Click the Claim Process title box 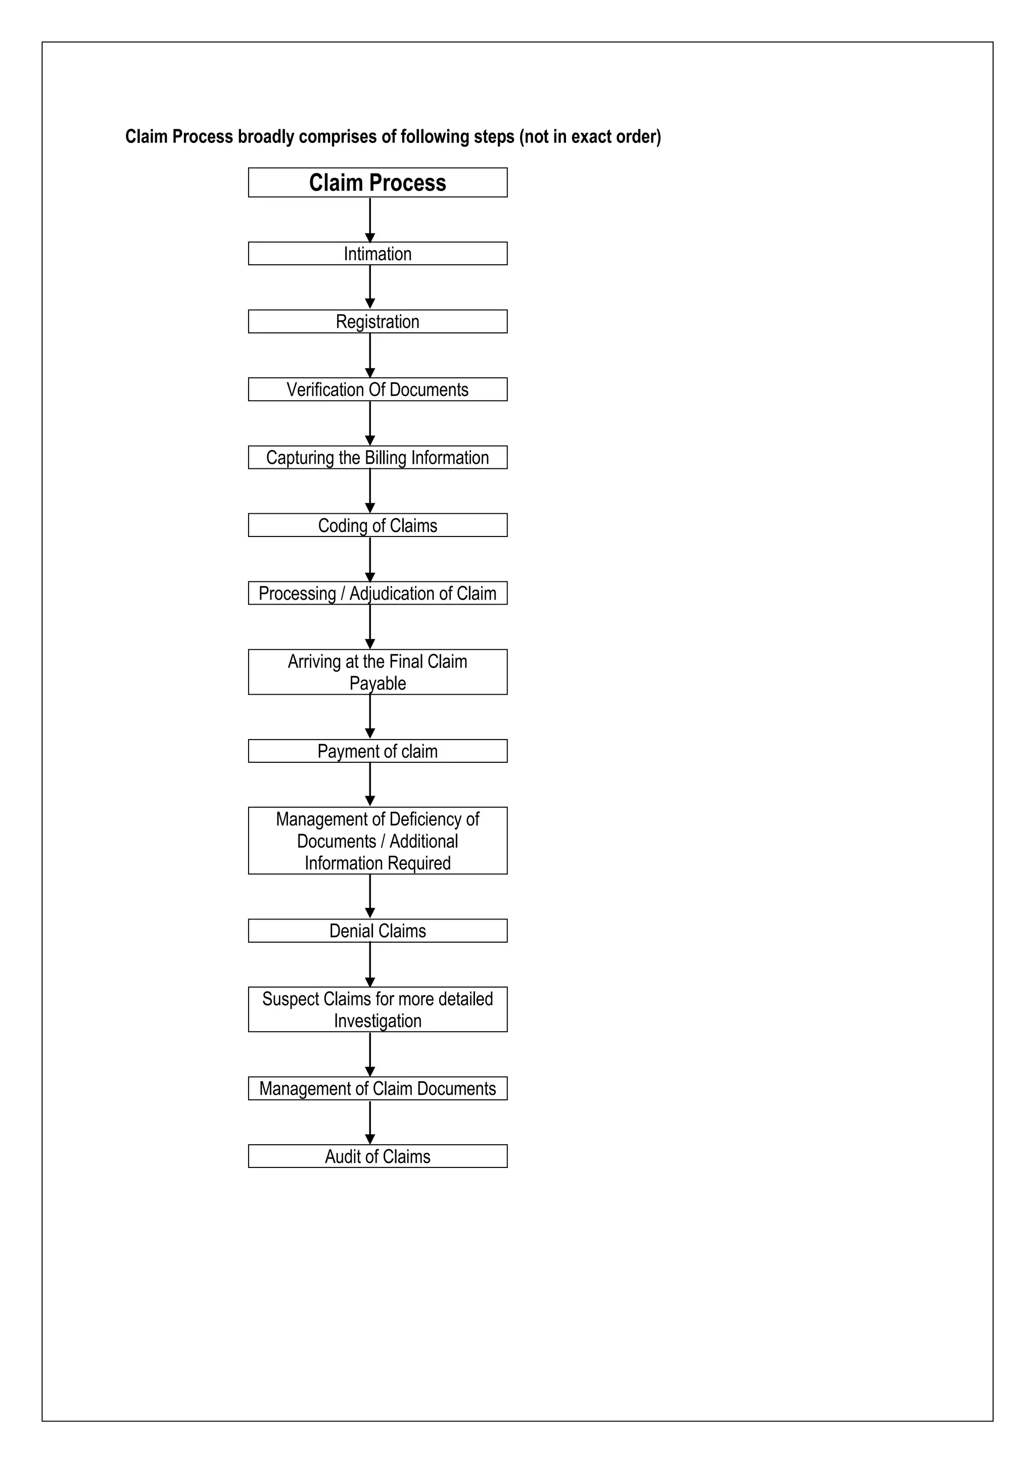coord(378,183)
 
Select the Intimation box coord(378,254)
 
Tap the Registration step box coord(378,322)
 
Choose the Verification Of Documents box coord(378,389)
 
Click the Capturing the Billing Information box coord(378,458)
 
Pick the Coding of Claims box coord(378,526)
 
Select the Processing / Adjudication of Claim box coord(378,593)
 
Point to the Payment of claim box coord(378,751)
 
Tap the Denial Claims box coord(378,931)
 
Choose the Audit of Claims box coord(378,1156)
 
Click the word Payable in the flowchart coord(378,684)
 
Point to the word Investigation coord(378,1021)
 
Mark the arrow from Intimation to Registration coord(369,287)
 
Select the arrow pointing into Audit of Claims coord(369,1123)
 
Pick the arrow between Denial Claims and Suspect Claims coord(369,965)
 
